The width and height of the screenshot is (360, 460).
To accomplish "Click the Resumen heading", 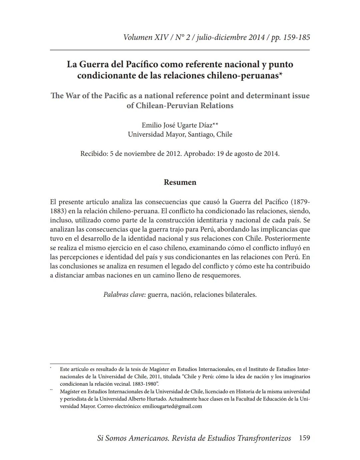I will point(180,182).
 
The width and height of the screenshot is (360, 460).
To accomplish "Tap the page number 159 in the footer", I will point(304,438).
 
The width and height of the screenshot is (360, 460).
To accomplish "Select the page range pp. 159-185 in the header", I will point(290,37).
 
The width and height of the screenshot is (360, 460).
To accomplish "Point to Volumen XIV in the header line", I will point(145,37).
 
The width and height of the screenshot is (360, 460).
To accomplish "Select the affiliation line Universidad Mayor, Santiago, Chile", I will point(180,134).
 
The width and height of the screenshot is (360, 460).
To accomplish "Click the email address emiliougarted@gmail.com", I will point(172,406).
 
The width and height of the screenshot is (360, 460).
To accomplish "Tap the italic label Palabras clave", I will point(124,294).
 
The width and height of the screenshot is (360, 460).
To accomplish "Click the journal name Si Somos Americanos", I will point(132,438).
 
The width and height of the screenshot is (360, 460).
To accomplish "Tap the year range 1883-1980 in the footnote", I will point(142,384).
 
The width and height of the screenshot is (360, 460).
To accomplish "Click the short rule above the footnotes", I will point(110,364).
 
